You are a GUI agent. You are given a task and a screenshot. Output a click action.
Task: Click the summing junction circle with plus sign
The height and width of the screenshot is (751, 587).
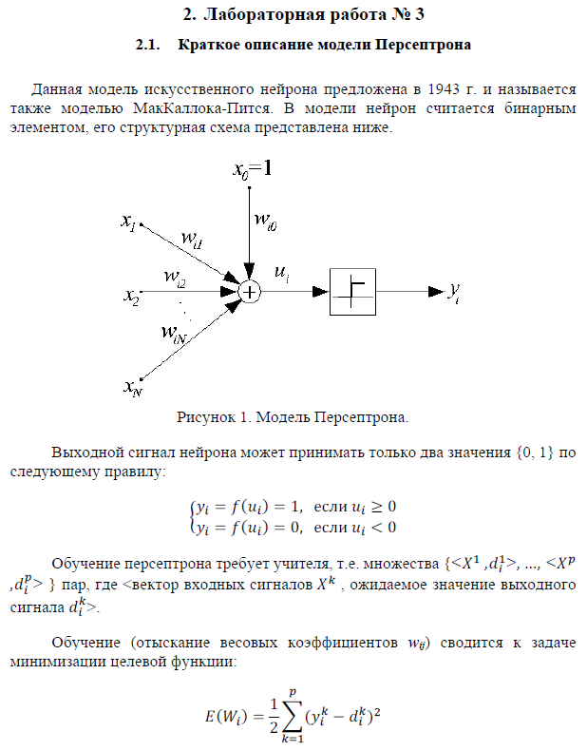click(x=249, y=292)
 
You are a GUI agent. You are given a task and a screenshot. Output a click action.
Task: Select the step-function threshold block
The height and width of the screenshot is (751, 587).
click(x=352, y=291)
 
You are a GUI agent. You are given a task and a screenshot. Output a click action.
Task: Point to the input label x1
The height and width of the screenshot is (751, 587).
click(x=128, y=221)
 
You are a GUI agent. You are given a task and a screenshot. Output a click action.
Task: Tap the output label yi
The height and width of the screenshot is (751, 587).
click(x=456, y=292)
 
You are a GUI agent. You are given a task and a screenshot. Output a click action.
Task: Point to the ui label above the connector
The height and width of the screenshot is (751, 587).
click(x=281, y=273)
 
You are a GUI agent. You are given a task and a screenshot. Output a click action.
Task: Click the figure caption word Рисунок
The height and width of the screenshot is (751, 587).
click(x=205, y=416)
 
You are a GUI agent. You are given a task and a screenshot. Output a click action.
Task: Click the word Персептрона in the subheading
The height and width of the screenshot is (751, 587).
click(x=424, y=45)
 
